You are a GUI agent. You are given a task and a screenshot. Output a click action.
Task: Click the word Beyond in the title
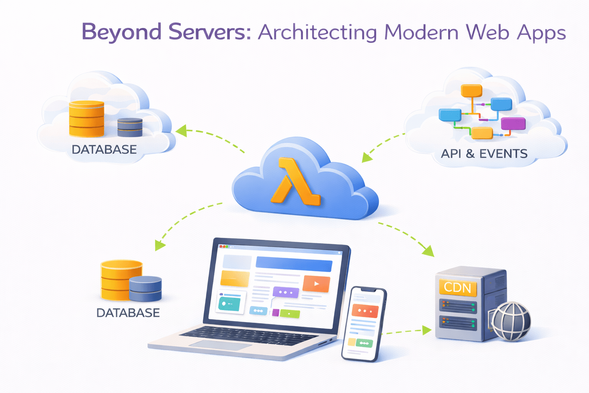pyautogui.click(x=121, y=32)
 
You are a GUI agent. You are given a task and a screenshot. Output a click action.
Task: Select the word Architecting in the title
pyautogui.click(x=318, y=33)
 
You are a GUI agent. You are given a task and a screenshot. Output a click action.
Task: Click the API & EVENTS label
pyautogui.click(x=484, y=154)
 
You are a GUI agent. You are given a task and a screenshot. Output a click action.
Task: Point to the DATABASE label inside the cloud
pyautogui.click(x=104, y=150)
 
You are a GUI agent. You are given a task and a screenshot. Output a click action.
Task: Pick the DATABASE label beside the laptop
pyautogui.click(x=128, y=313)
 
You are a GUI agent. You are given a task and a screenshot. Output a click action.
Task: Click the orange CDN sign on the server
pyautogui.click(x=457, y=287)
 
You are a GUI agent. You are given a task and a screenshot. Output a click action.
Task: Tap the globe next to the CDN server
pyautogui.click(x=511, y=321)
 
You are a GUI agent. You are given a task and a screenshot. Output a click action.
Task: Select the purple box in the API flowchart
pyautogui.click(x=513, y=124)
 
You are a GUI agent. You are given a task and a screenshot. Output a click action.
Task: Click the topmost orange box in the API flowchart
pyautogui.click(x=471, y=91)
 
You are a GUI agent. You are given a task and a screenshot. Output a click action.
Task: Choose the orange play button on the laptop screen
pyautogui.click(x=316, y=284)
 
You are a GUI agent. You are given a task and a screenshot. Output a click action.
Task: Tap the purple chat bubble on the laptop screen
pyautogui.click(x=286, y=292)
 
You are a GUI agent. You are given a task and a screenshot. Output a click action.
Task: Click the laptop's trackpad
pyautogui.click(x=220, y=345)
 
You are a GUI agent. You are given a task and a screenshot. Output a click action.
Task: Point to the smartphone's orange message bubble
pyautogui.click(x=365, y=311)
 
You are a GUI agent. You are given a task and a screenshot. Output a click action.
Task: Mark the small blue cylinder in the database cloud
pyautogui.click(x=130, y=127)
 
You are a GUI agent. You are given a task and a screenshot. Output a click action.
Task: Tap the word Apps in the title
pyautogui.click(x=541, y=33)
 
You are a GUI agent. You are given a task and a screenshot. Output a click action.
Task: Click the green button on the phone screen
pyautogui.click(x=364, y=343)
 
